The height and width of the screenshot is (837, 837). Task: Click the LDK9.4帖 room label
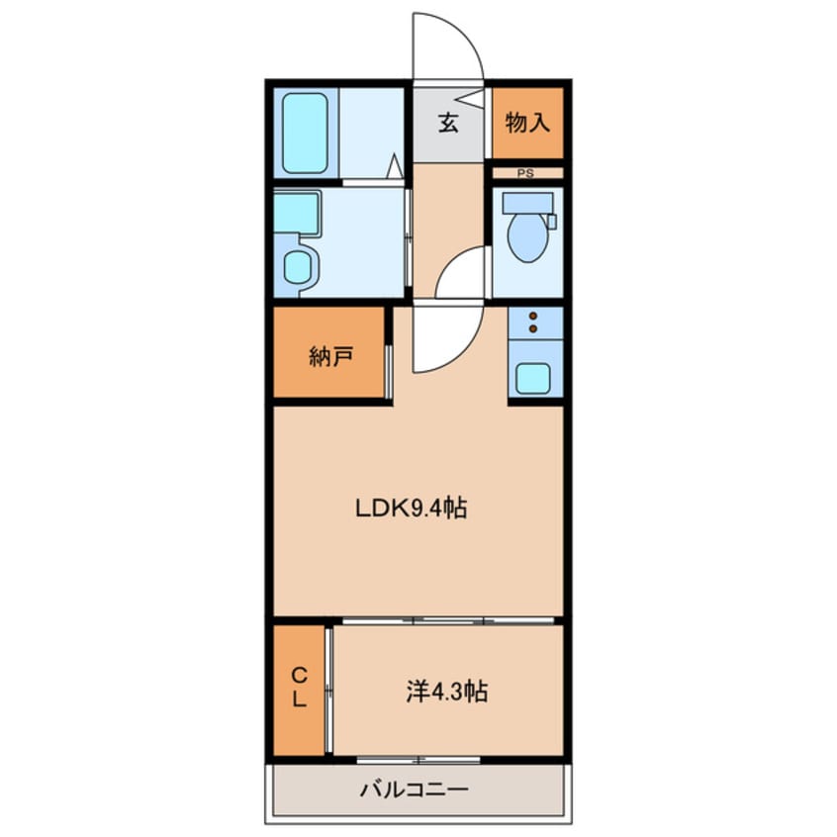[411, 508]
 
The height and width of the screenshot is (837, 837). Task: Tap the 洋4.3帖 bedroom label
[447, 692]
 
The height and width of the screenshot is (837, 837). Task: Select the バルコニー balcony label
[415, 789]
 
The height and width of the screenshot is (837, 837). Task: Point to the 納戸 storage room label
[331, 356]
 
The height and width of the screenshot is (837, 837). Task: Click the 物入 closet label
[527, 123]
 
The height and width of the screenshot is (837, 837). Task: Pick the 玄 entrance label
[448, 124]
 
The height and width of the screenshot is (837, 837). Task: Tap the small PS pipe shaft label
[525, 173]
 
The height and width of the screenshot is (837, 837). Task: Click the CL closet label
[300, 688]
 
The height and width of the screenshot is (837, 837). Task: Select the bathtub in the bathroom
[305, 134]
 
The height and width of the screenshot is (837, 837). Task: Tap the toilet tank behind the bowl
[528, 204]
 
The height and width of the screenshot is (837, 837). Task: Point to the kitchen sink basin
[532, 379]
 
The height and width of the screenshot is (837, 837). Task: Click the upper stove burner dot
[532, 316]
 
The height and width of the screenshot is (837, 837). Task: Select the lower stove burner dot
[532, 328]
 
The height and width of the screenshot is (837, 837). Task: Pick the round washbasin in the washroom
[297, 268]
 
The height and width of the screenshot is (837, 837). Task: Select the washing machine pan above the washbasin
[297, 213]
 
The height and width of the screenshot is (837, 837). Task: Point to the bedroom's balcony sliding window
[418, 760]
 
